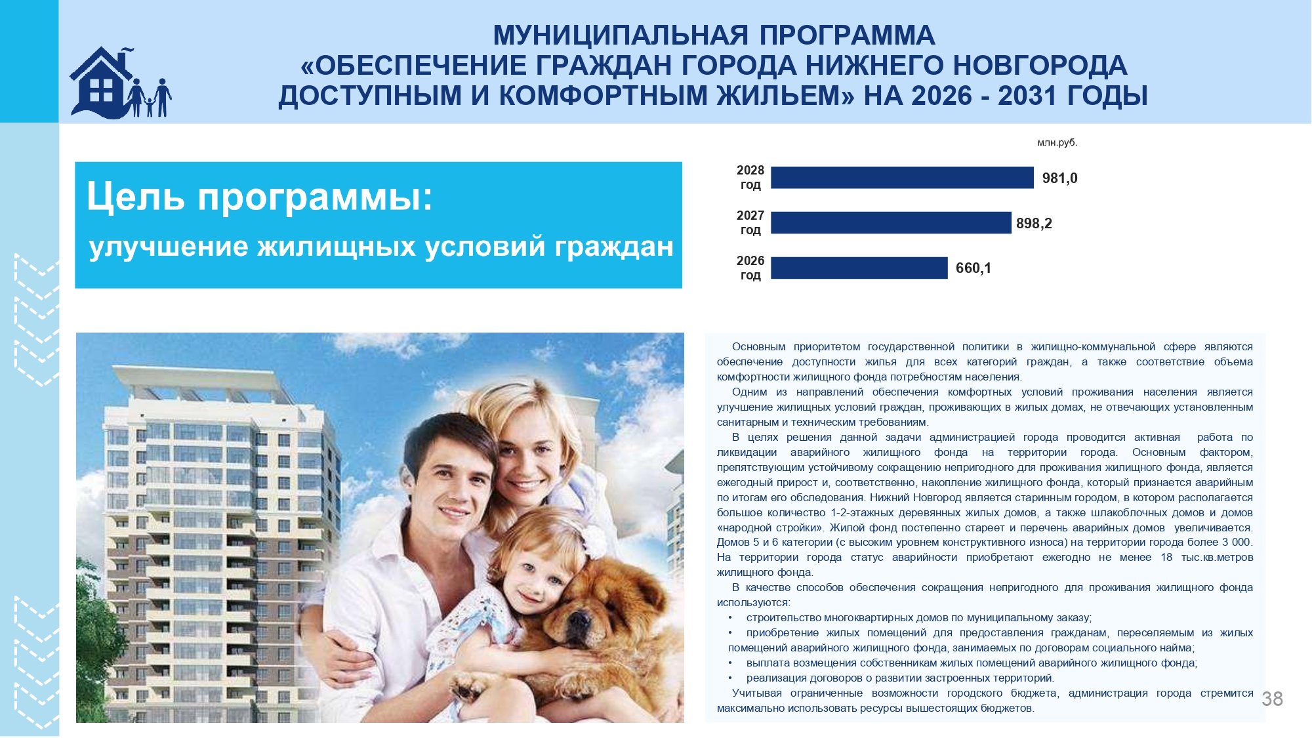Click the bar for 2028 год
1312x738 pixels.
click(902, 178)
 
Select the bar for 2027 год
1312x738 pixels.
click(891, 223)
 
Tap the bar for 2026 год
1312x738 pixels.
click(859, 268)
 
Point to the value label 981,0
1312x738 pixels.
click(1059, 178)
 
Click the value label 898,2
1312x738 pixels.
click(1034, 224)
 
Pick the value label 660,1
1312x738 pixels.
click(974, 268)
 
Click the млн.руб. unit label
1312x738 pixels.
click(1057, 143)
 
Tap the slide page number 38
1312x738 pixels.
click(1272, 699)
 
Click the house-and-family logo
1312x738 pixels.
click(121, 83)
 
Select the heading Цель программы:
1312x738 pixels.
click(260, 196)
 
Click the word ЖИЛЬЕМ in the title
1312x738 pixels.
click(785, 96)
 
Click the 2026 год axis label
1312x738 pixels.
click(750, 268)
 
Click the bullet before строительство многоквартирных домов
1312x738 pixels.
click(730, 618)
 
